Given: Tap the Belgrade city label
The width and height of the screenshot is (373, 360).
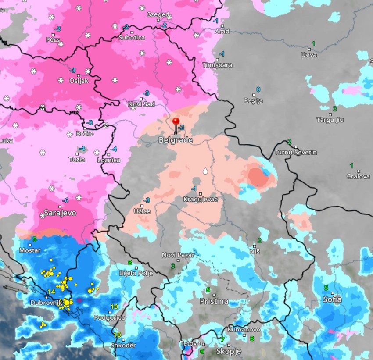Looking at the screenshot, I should pos(176,140).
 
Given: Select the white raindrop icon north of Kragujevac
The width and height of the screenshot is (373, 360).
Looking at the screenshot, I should pos(204,171).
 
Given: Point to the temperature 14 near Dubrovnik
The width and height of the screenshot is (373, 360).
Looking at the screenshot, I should pos(51,292).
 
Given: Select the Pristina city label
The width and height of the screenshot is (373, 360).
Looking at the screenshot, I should pos(214,301).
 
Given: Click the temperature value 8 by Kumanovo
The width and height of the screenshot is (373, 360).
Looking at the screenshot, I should pos(252,339).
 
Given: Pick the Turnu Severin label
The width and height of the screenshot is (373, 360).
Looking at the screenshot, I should pos(295,153).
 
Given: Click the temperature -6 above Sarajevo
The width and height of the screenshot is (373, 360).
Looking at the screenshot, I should pos(65,200).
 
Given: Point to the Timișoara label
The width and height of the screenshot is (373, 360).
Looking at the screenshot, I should pos(218,65).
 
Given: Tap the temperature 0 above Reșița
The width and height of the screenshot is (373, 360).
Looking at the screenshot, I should pos(258,89).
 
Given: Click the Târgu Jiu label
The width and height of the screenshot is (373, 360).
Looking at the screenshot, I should pos(330,120).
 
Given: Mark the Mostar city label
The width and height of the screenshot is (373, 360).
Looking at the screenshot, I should pos(30,250).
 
